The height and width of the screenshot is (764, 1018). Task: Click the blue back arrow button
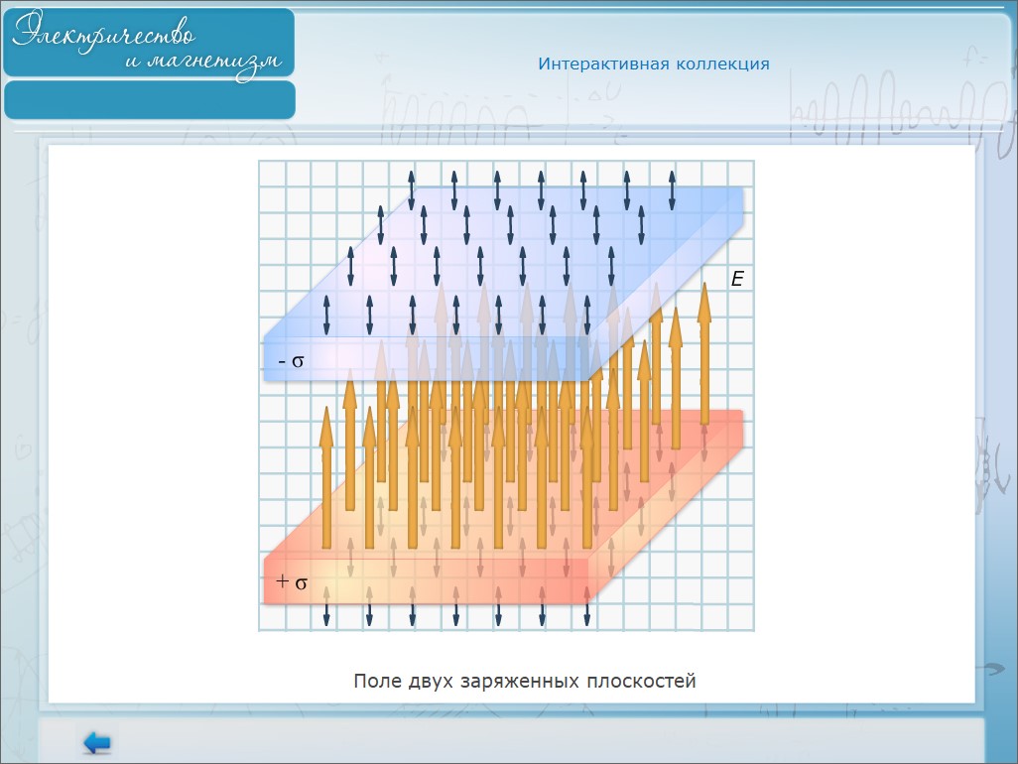97,742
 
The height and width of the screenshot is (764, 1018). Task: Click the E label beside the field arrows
737,279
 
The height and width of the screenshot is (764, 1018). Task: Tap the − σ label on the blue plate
291,361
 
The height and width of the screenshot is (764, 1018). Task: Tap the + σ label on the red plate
292,581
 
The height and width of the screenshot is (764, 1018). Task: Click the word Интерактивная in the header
603,64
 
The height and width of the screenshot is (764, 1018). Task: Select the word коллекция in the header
722,64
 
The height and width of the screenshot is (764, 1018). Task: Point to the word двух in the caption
431,681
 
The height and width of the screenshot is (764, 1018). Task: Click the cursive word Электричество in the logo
104,31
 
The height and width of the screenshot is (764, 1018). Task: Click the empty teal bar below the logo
150,100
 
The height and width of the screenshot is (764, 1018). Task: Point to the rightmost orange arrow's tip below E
704,283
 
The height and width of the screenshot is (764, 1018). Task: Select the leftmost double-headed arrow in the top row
411,190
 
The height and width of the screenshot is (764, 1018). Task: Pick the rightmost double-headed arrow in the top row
672,190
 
